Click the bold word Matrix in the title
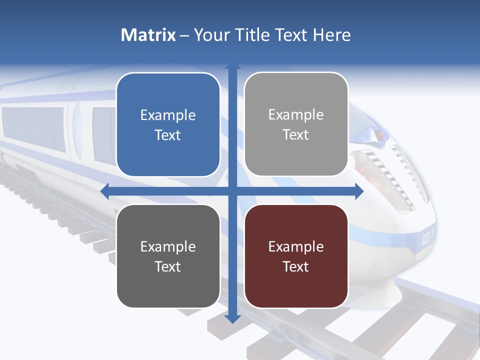tap(148, 35)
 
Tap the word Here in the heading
tap(331, 35)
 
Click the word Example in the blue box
tap(168, 115)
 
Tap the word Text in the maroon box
tap(296, 266)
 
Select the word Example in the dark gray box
tap(168, 246)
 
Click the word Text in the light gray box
tap(296, 134)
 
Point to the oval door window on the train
tap(77, 131)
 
